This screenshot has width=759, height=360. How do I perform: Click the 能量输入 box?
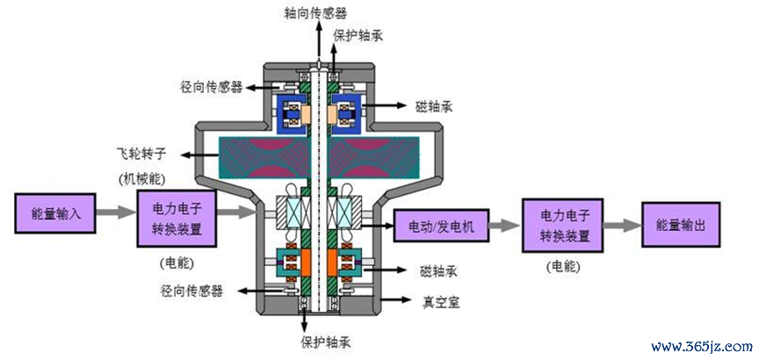[54, 213]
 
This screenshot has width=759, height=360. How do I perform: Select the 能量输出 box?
[681, 225]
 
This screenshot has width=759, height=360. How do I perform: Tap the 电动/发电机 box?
[441, 226]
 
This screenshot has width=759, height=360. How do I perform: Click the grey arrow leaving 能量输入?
[116, 212]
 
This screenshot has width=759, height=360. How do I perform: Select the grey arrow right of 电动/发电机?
[505, 225]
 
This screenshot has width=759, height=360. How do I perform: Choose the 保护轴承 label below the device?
[325, 343]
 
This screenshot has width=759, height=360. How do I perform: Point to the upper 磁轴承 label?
[434, 106]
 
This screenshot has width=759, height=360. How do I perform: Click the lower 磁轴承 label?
[439, 271]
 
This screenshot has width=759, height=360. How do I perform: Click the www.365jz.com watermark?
[702, 347]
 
